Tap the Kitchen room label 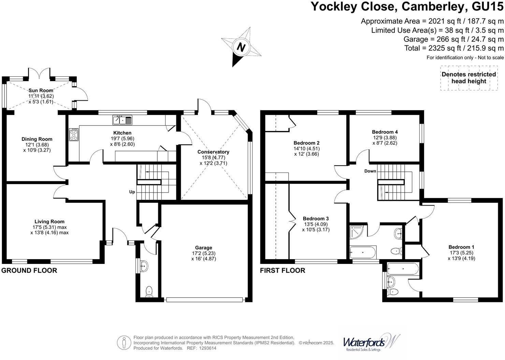click(x=122, y=133)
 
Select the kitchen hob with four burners click(x=74, y=134)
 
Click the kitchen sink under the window click(x=122, y=120)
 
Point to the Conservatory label click(x=213, y=152)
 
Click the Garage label click(x=204, y=247)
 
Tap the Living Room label click(x=49, y=222)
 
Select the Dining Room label click(x=37, y=139)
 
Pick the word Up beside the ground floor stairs click(x=132, y=192)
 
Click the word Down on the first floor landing click(x=370, y=171)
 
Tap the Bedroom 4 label click(x=385, y=132)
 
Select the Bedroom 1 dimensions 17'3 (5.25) click(x=461, y=253)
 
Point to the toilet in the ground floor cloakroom click(x=149, y=291)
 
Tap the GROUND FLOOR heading click(x=29, y=270)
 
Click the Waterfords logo click(x=370, y=342)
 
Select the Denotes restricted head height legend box click(x=469, y=78)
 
